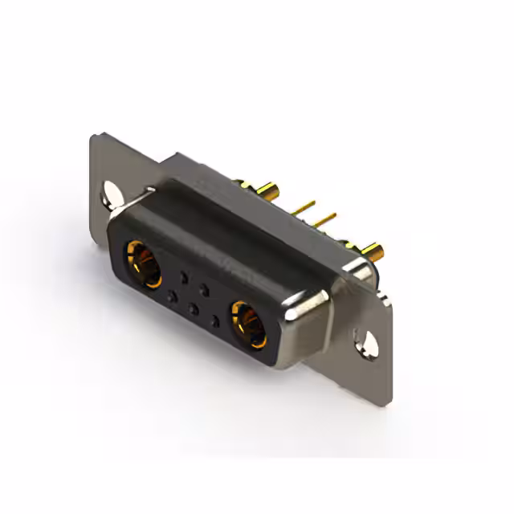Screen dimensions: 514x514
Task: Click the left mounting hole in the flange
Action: [109, 192]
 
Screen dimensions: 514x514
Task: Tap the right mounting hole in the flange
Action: [371, 340]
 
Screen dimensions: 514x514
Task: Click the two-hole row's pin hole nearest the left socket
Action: [185, 279]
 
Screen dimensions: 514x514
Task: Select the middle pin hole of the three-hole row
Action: [192, 308]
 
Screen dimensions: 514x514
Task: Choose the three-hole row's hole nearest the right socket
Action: [214, 319]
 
